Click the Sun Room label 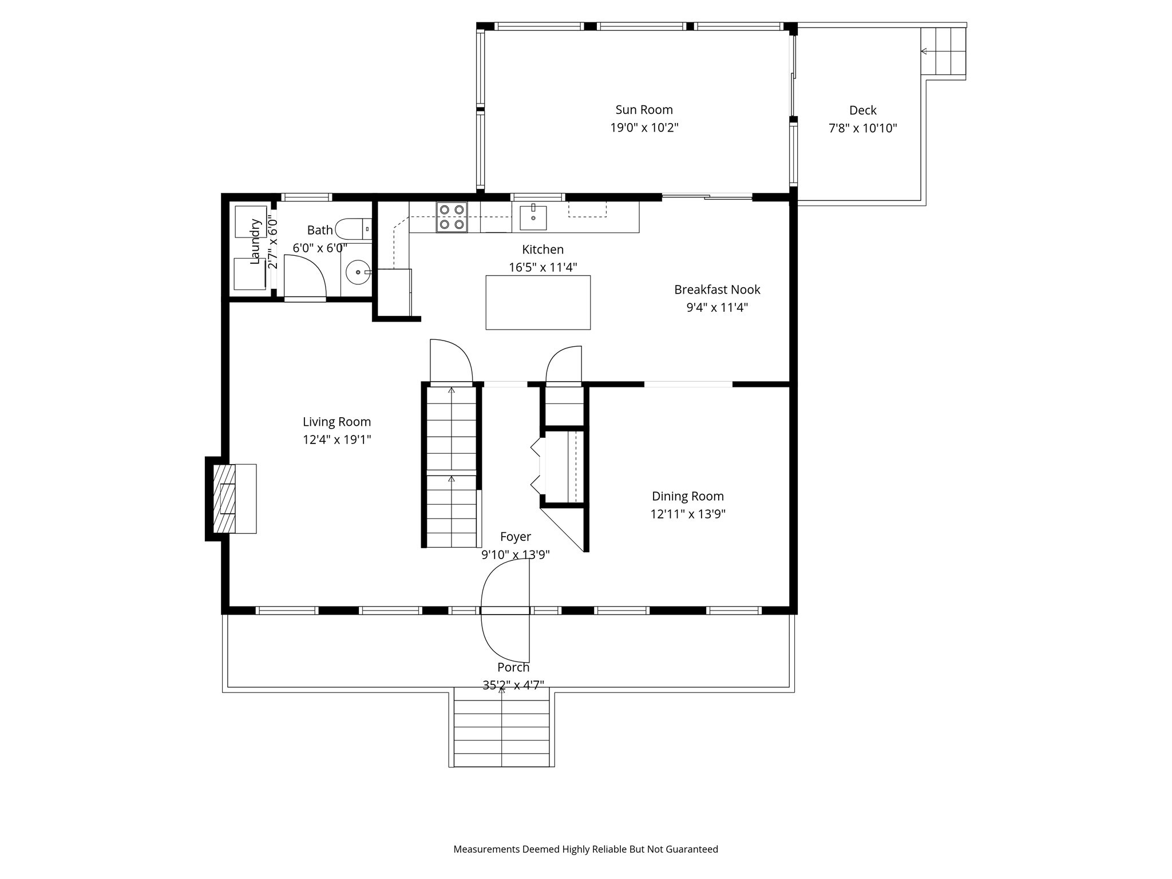pos(644,110)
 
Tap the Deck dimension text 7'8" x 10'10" pos(862,128)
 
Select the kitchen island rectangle pos(538,302)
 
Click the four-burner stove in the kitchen pos(452,217)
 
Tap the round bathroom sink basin pos(358,273)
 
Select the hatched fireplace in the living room pos(224,498)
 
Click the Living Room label pos(336,422)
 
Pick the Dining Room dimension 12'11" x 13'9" pos(687,514)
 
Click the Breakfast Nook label pos(716,290)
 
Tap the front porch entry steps pos(502,727)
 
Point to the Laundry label pos(255,241)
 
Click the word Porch pos(513,667)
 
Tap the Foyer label pos(515,537)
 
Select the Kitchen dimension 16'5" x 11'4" pos(543,267)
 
